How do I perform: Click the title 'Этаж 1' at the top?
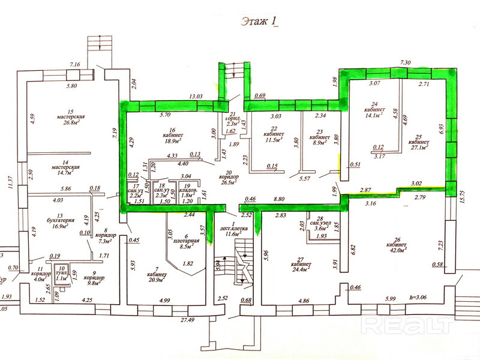260,21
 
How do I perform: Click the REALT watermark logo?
408,325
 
